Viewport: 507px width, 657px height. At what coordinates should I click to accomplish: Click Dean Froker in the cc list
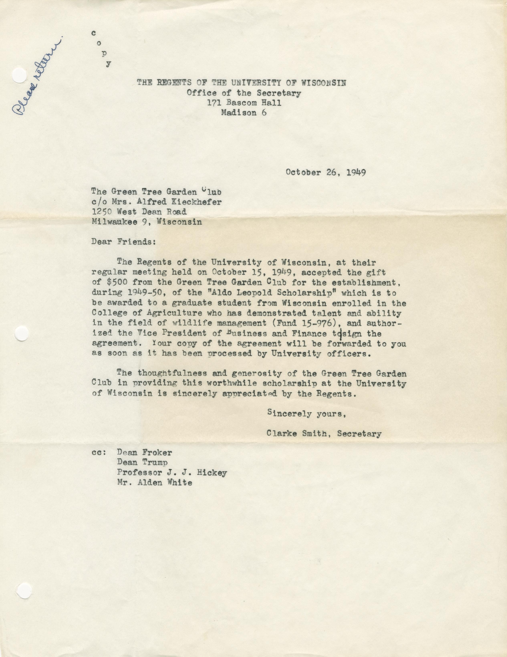click(x=144, y=452)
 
